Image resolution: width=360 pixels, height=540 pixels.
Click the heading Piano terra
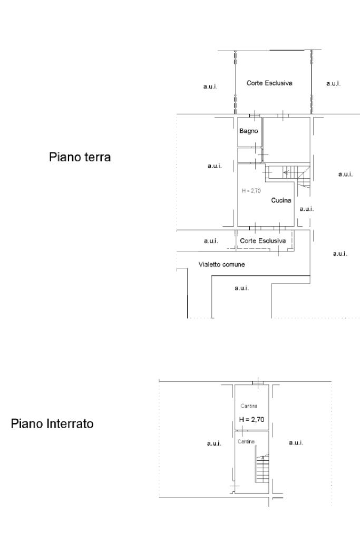[x=80, y=157]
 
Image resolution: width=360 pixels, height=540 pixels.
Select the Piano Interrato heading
[x=52, y=424]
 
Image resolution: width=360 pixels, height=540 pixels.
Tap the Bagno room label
[x=249, y=131]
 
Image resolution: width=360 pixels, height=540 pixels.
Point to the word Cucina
[x=281, y=200]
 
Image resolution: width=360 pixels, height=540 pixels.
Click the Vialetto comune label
[x=221, y=264]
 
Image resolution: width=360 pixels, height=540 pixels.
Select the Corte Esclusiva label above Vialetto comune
[x=262, y=240]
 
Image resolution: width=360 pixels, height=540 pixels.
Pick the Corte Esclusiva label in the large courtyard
[x=269, y=83]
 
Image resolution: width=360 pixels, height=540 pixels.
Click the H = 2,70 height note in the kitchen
[x=251, y=191]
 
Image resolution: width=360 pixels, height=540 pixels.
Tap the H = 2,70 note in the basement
[x=251, y=420]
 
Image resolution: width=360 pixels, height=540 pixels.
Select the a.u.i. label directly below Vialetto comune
[x=241, y=287]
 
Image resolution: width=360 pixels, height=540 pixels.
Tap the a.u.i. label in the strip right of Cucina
[x=307, y=209]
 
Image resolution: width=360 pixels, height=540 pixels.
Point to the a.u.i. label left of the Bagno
[x=215, y=166]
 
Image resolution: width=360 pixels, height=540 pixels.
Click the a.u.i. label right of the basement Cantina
[x=296, y=443]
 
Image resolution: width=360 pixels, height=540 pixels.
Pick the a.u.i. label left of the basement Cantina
[x=213, y=443]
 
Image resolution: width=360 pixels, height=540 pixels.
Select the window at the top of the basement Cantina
[x=258, y=382]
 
